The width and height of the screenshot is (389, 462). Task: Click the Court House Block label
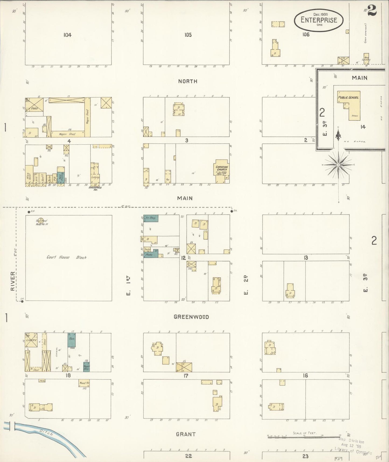click(66, 257)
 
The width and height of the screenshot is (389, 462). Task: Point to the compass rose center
click(338, 164)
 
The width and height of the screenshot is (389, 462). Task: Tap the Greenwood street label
click(191, 317)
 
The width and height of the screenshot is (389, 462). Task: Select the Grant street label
click(185, 434)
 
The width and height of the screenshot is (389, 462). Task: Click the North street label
click(188, 81)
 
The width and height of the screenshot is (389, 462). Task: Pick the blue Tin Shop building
click(150, 218)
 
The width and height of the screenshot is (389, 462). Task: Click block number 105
click(188, 35)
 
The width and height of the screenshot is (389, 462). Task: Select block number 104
click(68, 35)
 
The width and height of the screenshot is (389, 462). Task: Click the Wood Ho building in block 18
click(84, 383)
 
